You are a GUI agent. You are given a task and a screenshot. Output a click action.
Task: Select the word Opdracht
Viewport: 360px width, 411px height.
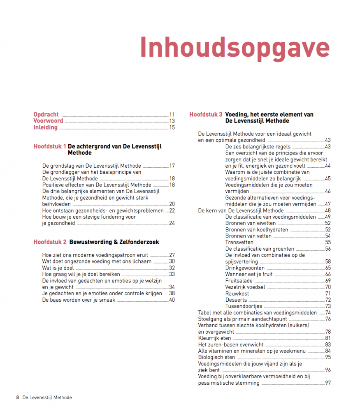pos(46,115)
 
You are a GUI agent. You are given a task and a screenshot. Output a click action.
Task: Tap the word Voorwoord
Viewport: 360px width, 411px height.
pos(48,121)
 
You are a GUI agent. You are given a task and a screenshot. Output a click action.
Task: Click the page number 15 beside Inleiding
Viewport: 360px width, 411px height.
pos(172,127)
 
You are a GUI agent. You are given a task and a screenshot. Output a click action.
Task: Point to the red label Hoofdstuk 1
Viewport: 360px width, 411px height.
pos(50,146)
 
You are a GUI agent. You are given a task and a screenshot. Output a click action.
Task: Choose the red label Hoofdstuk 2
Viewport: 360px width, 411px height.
pos(50,242)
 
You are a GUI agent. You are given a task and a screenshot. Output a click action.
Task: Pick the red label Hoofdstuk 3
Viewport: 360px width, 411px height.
pos(206,115)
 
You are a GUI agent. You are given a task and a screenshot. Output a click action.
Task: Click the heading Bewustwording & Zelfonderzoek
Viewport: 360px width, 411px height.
pos(114,242)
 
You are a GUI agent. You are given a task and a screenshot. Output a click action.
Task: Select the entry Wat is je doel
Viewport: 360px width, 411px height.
pos(59,268)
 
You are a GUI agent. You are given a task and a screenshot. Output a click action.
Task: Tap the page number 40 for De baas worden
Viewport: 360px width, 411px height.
pos(172,300)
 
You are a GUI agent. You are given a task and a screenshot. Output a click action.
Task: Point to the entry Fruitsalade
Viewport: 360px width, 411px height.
pos(239,281)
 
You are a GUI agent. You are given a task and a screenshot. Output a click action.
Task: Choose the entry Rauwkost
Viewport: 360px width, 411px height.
pos(237,293)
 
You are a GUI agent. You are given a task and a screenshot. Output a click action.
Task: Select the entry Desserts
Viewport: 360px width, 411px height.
pos(236,300)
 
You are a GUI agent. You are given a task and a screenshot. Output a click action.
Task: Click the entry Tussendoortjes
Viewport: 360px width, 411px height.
pos(244,306)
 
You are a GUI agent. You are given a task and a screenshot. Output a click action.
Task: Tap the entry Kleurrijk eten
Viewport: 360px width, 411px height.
pos(214,338)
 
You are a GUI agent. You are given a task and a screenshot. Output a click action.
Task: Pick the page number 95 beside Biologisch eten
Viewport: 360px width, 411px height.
pos(328,357)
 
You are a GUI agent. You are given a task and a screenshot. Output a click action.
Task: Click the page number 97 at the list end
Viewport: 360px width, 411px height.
pos(328,383)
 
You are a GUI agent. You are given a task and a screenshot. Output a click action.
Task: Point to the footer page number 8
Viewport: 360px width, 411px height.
pos(18,398)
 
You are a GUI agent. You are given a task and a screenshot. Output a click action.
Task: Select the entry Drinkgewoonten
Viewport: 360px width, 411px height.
pos(245,268)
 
